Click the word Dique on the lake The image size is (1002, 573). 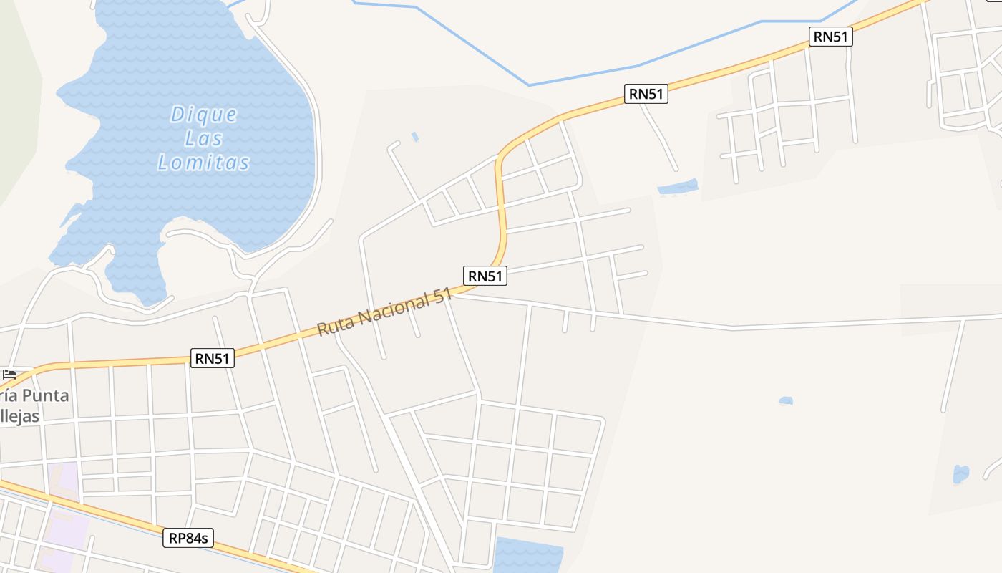pos(204,115)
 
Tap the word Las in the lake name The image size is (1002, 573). pos(204,138)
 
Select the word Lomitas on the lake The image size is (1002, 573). pos(204,163)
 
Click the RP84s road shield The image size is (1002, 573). pos(189,538)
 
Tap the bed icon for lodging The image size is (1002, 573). pos(9,375)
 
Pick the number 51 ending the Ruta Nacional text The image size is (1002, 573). pos(442,295)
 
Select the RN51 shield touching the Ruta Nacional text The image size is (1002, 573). pos(485,276)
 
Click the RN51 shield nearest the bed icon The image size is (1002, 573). pos(213,358)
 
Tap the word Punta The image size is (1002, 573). pos(45,396)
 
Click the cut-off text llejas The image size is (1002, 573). pos(19,416)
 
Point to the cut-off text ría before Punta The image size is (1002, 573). pos(6,396)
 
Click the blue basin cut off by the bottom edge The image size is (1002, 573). pos(528,557)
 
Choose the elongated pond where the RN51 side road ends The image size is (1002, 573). pos(678,188)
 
